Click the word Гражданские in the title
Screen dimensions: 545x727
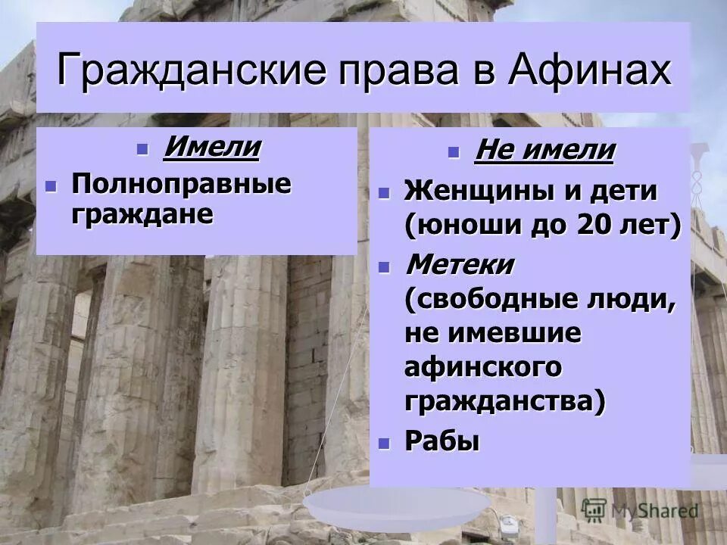(x=185, y=70)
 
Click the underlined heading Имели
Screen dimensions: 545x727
(x=211, y=147)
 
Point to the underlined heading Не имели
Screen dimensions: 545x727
(x=544, y=151)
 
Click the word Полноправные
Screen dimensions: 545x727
(x=181, y=184)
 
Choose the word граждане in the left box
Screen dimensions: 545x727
(x=142, y=213)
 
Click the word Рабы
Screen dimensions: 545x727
(x=443, y=441)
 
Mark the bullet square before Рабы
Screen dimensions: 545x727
(x=383, y=441)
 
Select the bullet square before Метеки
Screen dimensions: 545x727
(x=383, y=266)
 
